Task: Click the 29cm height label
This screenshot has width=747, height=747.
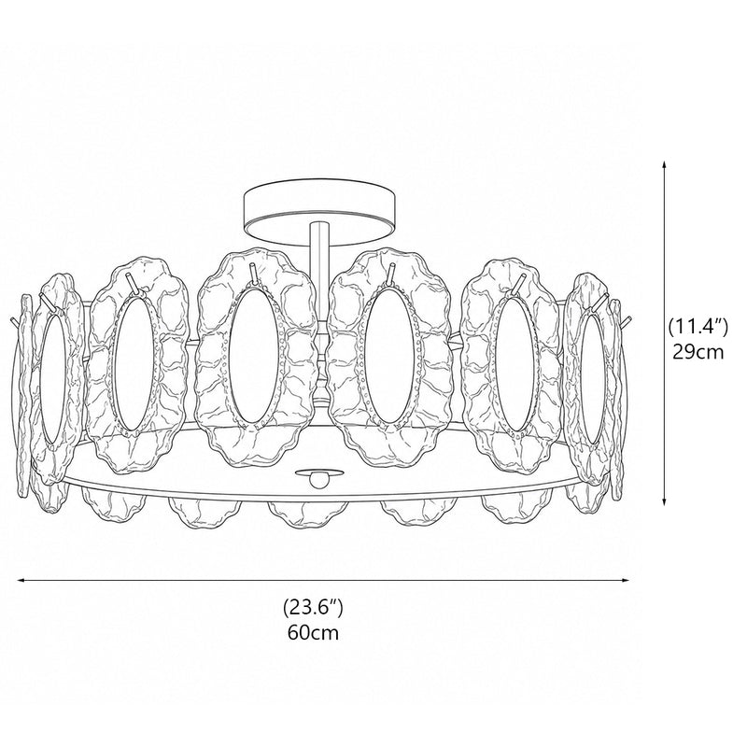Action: click(x=698, y=352)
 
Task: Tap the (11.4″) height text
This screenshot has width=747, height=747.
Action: click(x=698, y=328)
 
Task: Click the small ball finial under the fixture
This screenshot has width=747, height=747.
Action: click(x=313, y=479)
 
